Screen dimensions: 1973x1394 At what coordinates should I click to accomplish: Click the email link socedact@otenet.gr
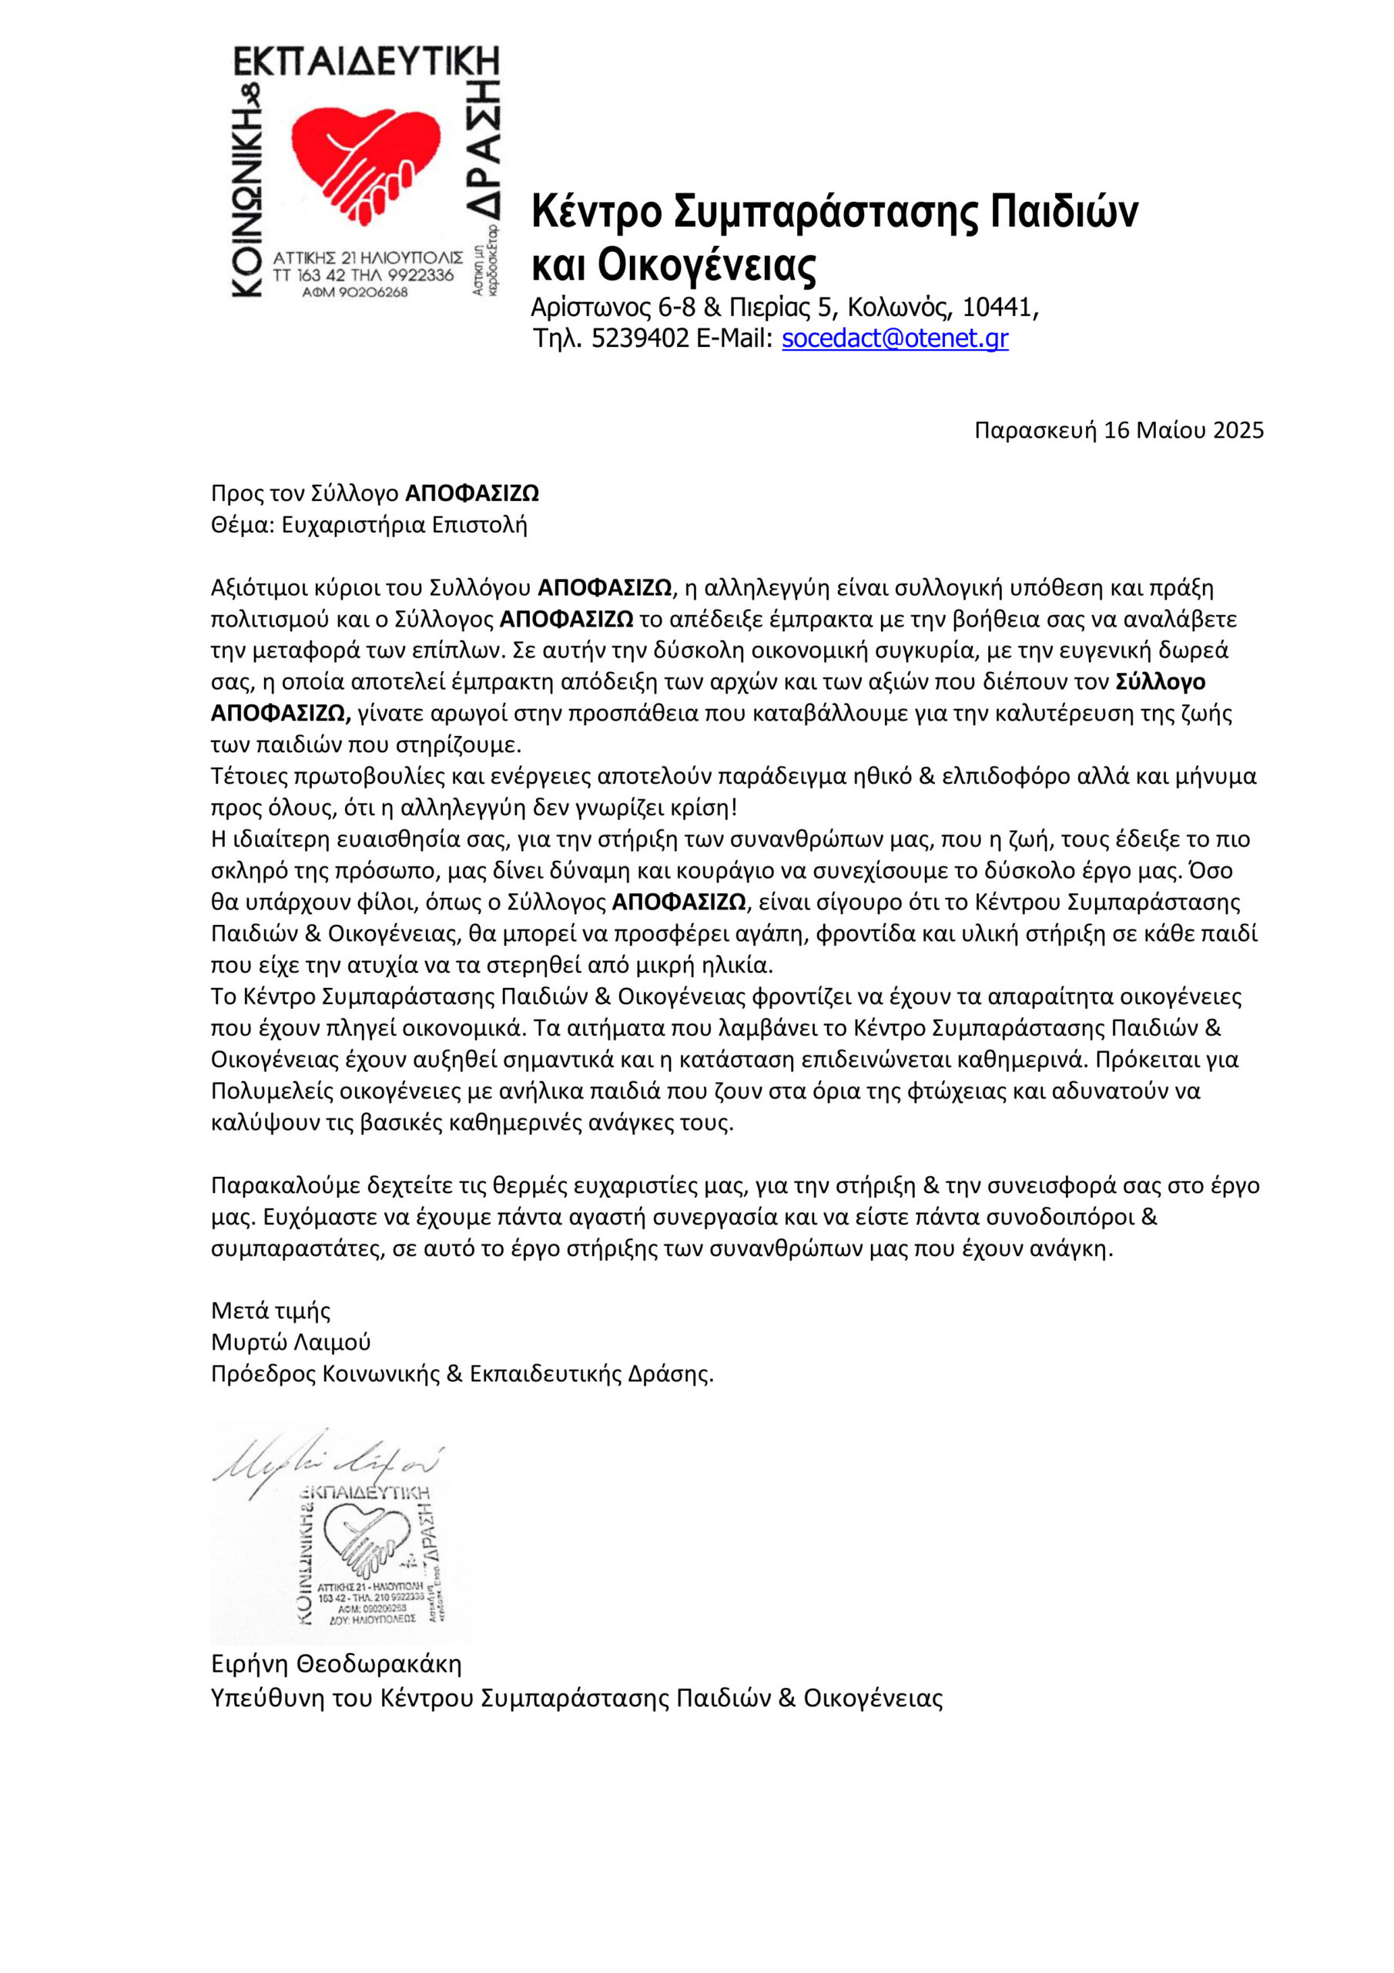(894, 338)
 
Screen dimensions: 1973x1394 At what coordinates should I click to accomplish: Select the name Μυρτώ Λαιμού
(290, 1343)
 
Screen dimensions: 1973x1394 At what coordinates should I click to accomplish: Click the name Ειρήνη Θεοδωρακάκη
(336, 1665)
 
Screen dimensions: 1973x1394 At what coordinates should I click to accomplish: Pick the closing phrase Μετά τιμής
(270, 1310)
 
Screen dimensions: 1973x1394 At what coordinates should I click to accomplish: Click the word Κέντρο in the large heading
(596, 210)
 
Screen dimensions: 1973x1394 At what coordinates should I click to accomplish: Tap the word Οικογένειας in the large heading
(706, 266)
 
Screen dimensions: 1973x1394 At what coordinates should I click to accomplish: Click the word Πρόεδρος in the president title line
(263, 1373)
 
